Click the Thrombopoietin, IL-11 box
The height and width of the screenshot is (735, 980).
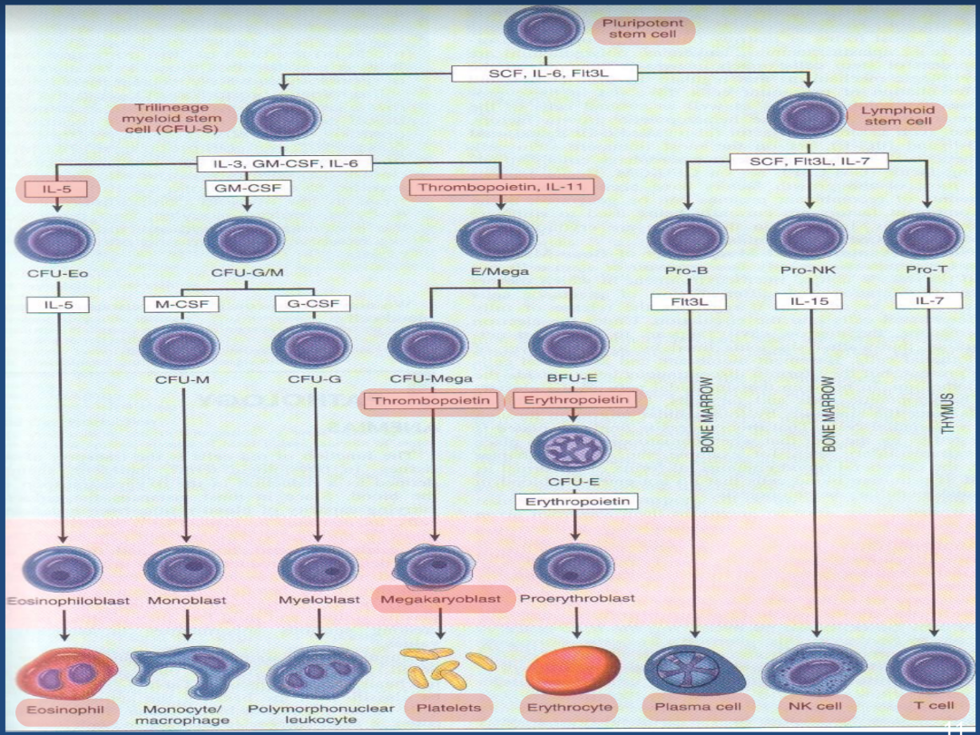click(x=502, y=188)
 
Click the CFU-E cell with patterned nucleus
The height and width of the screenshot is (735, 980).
click(x=571, y=446)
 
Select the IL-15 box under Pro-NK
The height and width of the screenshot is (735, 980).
click(x=808, y=301)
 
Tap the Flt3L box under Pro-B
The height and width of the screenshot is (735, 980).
click(x=688, y=301)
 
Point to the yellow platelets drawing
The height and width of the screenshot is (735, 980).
click(x=437, y=669)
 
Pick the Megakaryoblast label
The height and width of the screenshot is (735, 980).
click(x=440, y=600)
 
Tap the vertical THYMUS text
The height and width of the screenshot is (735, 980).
click(x=948, y=413)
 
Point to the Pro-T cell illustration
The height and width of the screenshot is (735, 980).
click(x=923, y=236)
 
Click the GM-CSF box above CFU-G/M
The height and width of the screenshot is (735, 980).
click(x=245, y=188)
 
